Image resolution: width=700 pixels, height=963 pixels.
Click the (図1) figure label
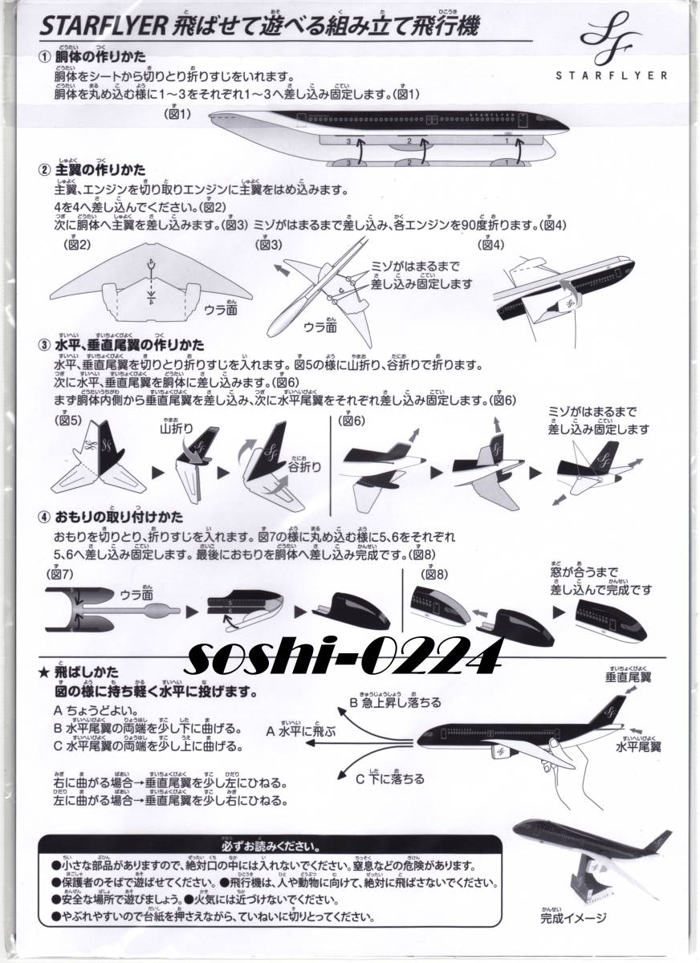click(x=177, y=115)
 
